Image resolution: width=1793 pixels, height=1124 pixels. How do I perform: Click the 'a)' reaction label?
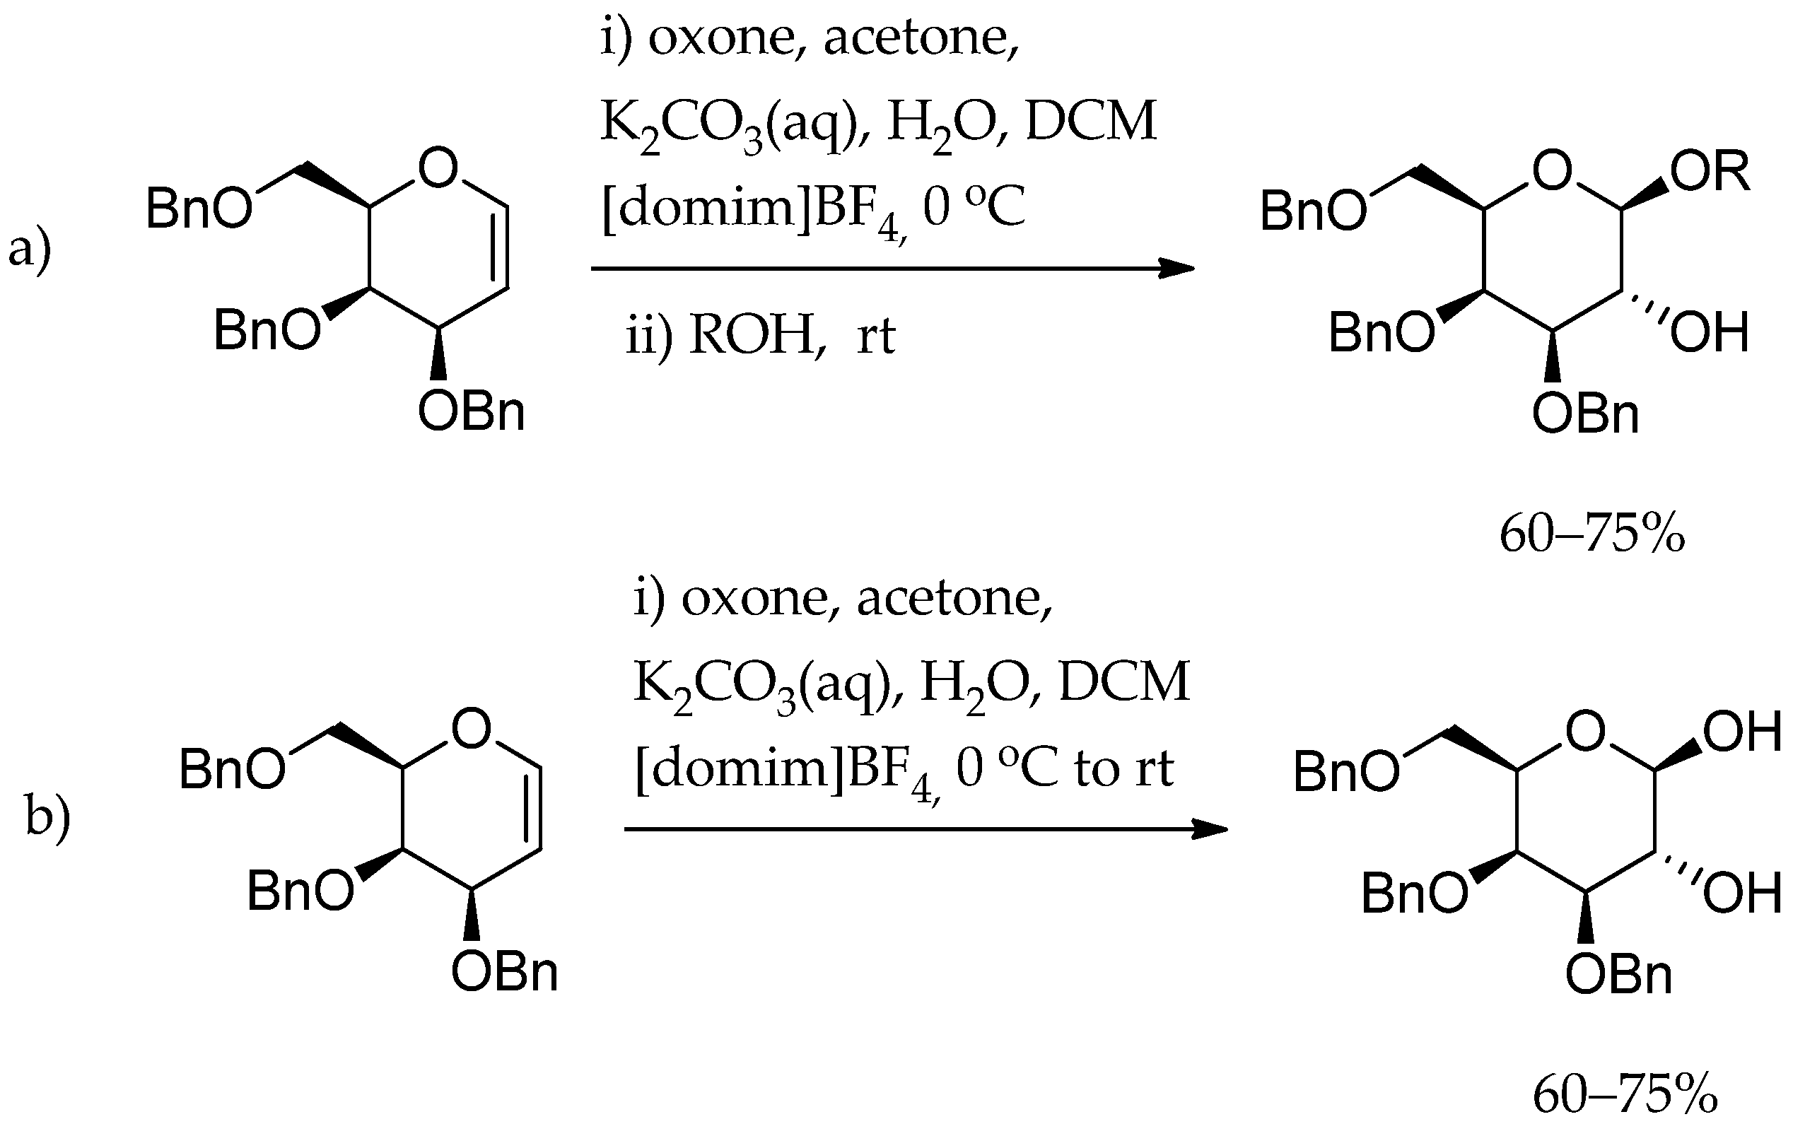pos(30,250)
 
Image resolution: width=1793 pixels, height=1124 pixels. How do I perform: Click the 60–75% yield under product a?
pos(1591,534)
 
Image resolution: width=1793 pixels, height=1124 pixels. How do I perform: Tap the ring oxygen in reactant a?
pos(438,168)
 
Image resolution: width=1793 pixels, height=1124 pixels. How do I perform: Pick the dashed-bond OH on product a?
pos(1709,332)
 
